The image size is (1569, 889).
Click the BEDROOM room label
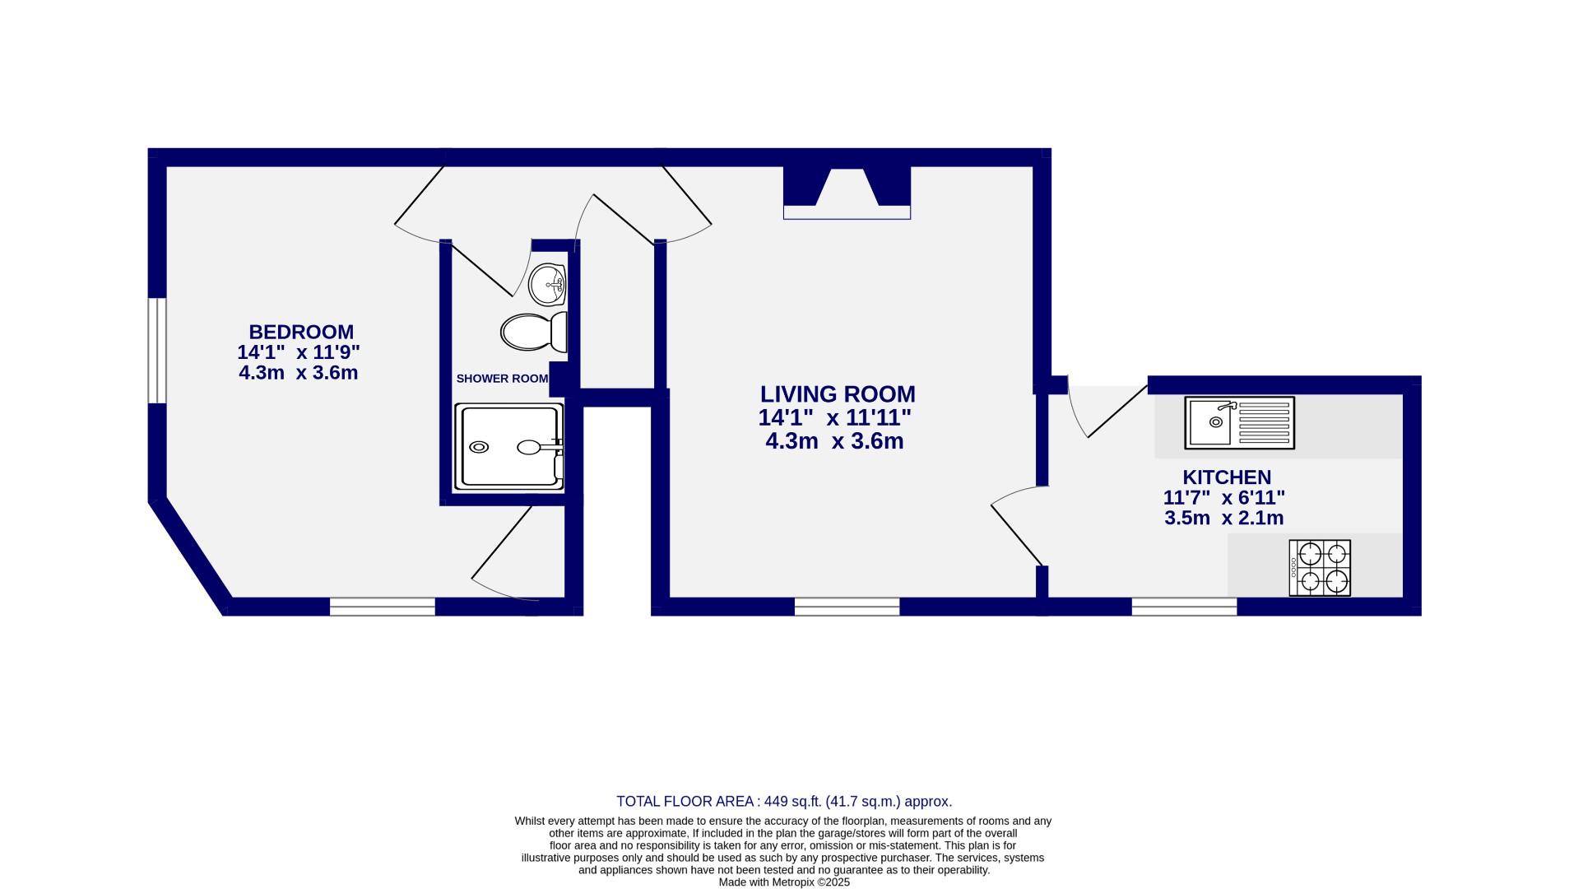[x=301, y=332]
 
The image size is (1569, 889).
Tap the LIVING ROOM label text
[x=837, y=394]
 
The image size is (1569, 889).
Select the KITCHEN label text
[x=1226, y=477]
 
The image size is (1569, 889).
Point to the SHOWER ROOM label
[x=502, y=379]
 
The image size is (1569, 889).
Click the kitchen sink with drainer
[x=1239, y=423]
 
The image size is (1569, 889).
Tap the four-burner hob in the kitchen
[x=1320, y=568]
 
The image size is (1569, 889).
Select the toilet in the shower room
[x=533, y=331]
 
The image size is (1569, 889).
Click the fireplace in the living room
[x=847, y=194]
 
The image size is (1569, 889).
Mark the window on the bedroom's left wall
[x=156, y=351]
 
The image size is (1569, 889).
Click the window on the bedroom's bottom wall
[x=383, y=607]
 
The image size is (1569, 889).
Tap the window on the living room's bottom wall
[x=847, y=607]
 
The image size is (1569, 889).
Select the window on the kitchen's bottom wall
[x=1184, y=607]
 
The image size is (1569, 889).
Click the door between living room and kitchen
[x=1017, y=527]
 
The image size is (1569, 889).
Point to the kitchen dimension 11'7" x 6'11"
[x=1223, y=498]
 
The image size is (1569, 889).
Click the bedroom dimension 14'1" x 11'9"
[x=299, y=352]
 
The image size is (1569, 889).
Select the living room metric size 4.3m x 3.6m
[x=834, y=441]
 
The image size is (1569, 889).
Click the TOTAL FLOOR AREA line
[x=784, y=801]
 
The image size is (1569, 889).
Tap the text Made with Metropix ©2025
[x=784, y=882]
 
